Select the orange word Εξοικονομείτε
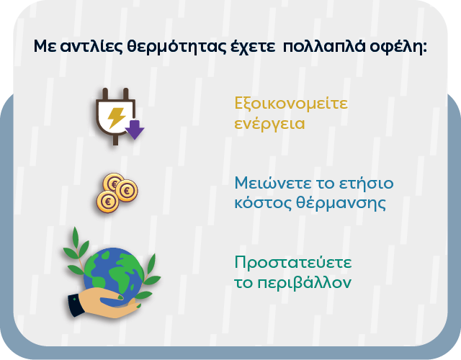pos(291,103)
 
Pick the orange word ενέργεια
pos(269,124)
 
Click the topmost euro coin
pos(113,181)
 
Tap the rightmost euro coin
pos(128,191)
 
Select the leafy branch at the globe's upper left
pos(74,245)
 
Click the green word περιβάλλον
pos(303,282)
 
